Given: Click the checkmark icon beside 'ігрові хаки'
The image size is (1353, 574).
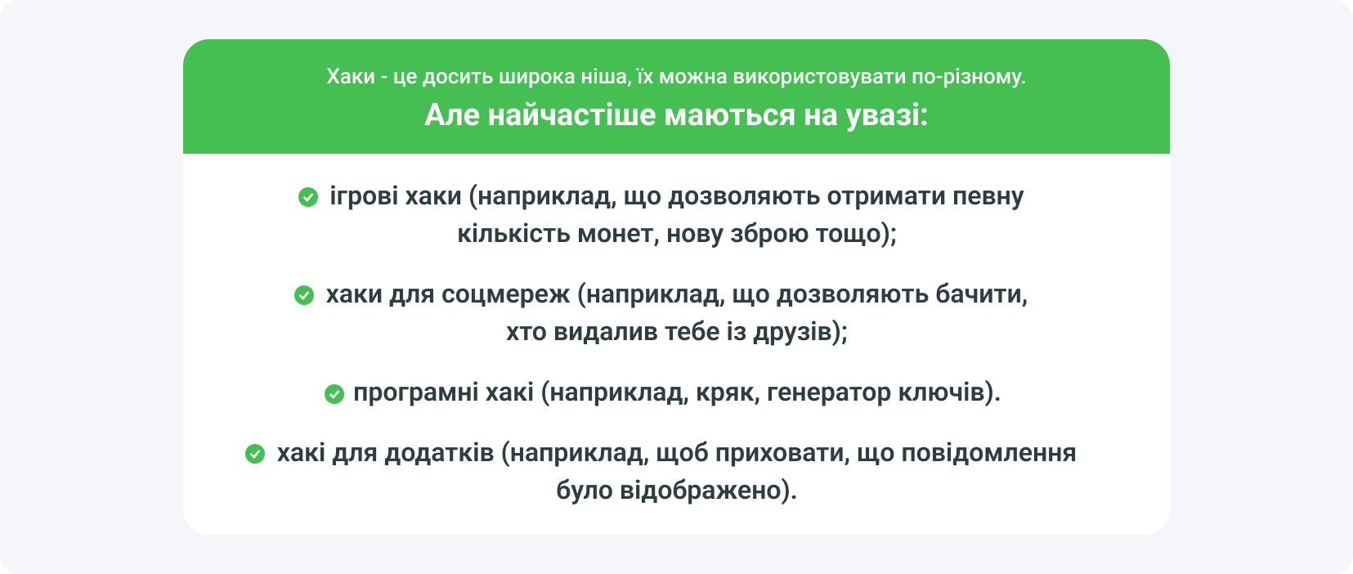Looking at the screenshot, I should (308, 197).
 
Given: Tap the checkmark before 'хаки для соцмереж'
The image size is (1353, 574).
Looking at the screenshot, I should (304, 295).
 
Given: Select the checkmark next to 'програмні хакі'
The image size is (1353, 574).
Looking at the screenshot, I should (334, 394).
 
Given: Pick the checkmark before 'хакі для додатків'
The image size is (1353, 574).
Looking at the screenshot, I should (255, 454).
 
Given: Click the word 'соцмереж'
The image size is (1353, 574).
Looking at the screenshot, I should (505, 294).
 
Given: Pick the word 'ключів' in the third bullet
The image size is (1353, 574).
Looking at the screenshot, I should (941, 393).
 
